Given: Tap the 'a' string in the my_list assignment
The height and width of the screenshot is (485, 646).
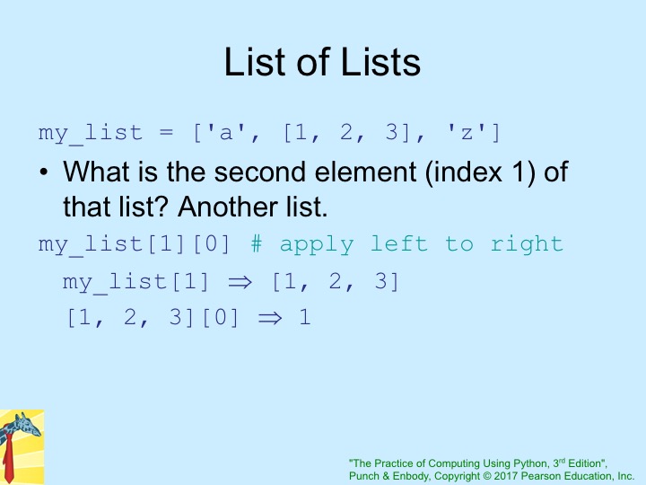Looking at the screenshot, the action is point(226,133).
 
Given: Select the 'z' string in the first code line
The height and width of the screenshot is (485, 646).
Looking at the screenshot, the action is point(467,133).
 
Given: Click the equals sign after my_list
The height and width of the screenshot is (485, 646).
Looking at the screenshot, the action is point(166,132).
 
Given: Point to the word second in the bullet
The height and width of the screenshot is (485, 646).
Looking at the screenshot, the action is point(260,172).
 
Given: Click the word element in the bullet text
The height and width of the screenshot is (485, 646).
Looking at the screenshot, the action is point(365,172).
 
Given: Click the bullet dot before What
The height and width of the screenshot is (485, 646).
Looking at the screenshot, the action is point(44,172).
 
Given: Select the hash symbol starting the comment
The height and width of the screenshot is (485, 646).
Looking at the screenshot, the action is point(257,243).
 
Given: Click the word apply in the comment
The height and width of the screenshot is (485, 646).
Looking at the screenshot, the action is point(317,245).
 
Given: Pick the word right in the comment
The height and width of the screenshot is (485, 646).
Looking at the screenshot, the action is point(527,244).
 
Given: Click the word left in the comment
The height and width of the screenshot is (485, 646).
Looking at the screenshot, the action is point(398,243).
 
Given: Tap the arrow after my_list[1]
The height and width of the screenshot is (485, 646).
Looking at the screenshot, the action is point(240,282).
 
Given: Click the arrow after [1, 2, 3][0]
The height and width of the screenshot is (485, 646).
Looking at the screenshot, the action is point(270,318).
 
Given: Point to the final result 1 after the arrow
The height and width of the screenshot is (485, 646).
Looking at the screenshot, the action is point(305,317).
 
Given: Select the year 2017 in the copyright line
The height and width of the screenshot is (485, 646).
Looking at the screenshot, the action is point(506,476).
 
